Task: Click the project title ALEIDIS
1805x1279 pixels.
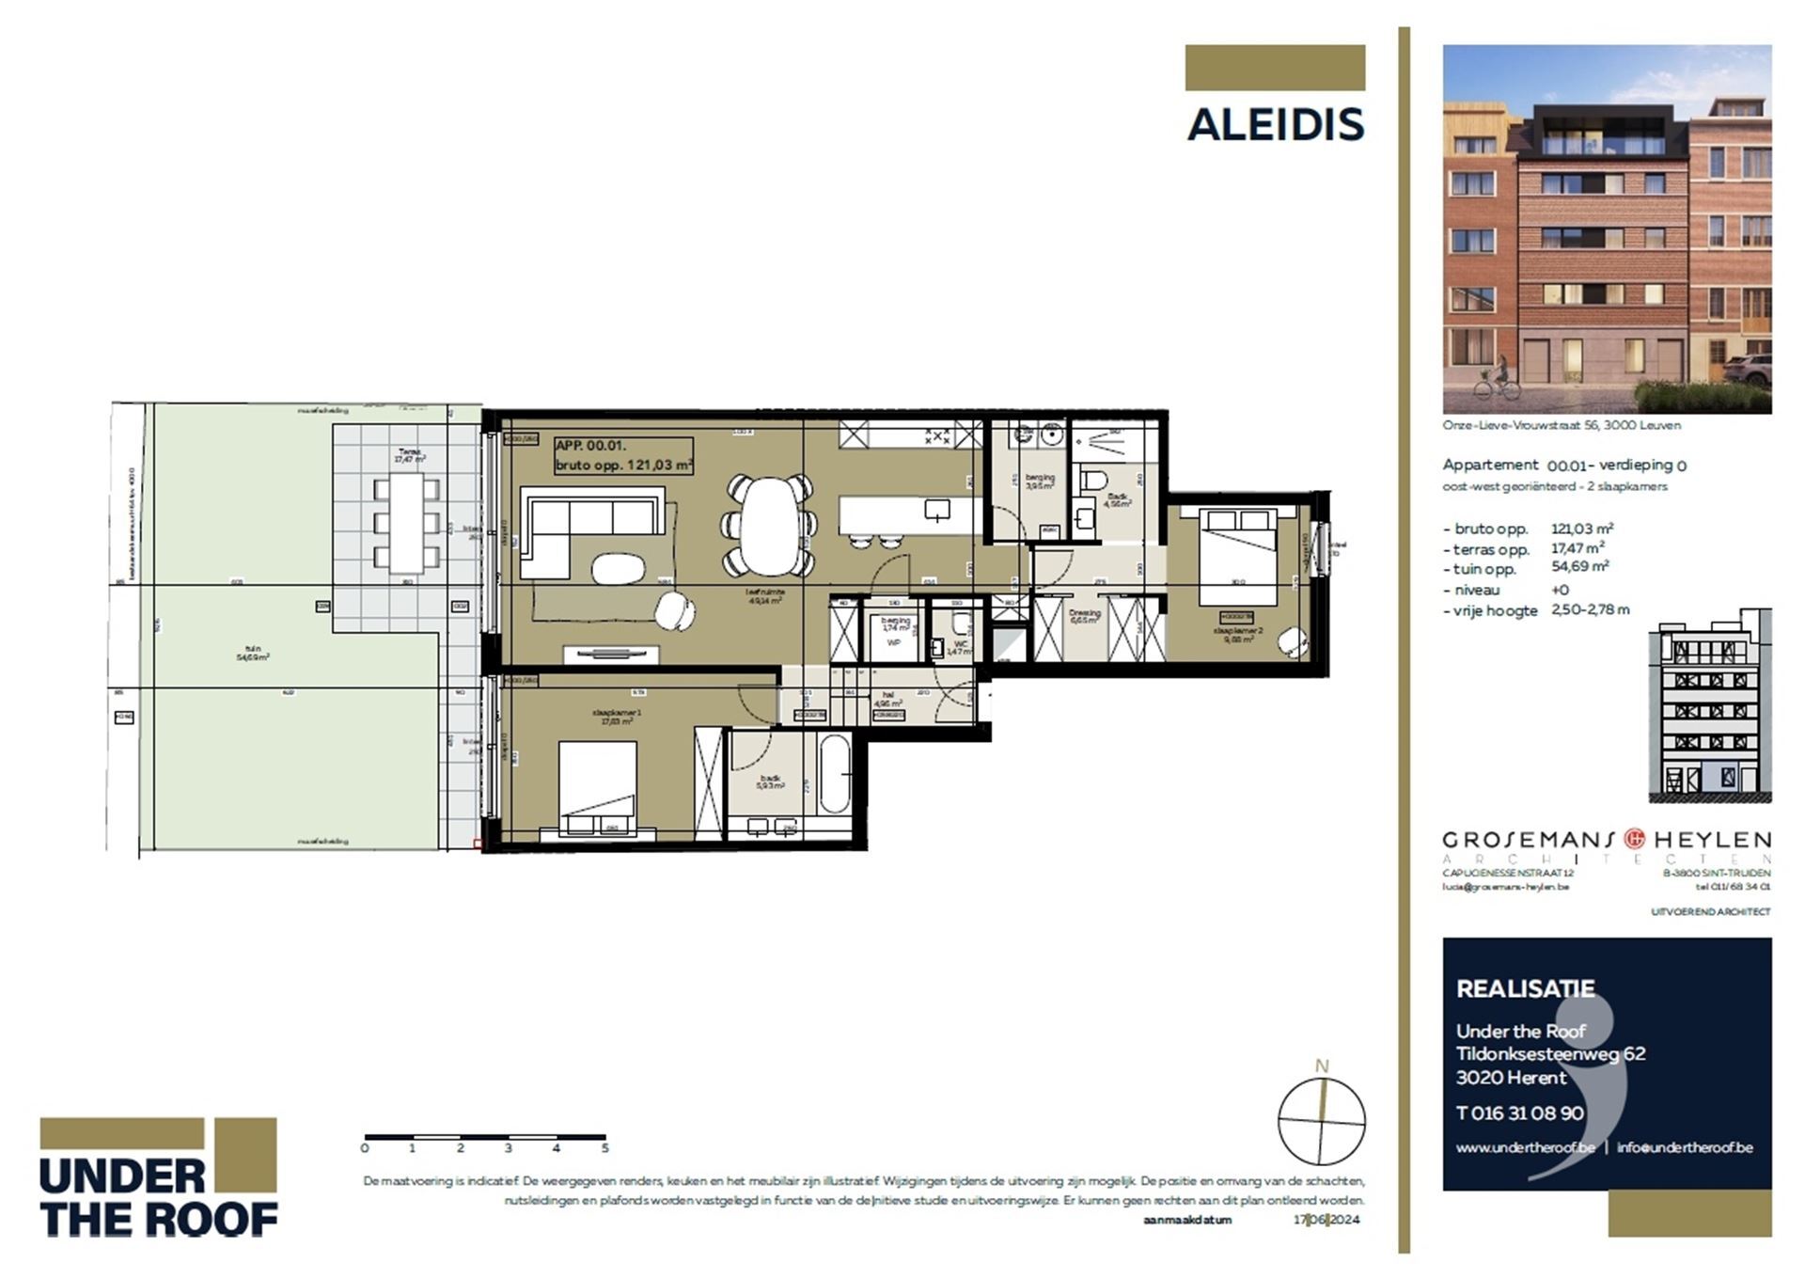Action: pyautogui.click(x=1275, y=125)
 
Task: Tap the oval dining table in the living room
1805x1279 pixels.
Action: pyautogui.click(x=769, y=527)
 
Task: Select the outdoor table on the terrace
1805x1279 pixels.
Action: pyautogui.click(x=406, y=522)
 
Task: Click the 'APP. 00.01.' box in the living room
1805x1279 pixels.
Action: pyautogui.click(x=623, y=455)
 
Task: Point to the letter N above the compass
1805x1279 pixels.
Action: pyautogui.click(x=1321, y=1066)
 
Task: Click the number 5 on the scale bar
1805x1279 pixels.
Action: pyautogui.click(x=604, y=1148)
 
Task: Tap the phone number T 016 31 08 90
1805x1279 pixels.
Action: pyautogui.click(x=1519, y=1113)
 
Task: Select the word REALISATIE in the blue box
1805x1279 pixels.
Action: pyautogui.click(x=1525, y=988)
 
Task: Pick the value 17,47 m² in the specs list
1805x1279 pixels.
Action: pyautogui.click(x=1577, y=547)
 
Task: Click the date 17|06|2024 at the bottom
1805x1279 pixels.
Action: pyautogui.click(x=1326, y=1220)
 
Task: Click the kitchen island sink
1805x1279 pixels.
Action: pyautogui.click(x=937, y=511)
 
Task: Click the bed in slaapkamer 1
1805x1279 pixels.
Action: pyautogui.click(x=597, y=785)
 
